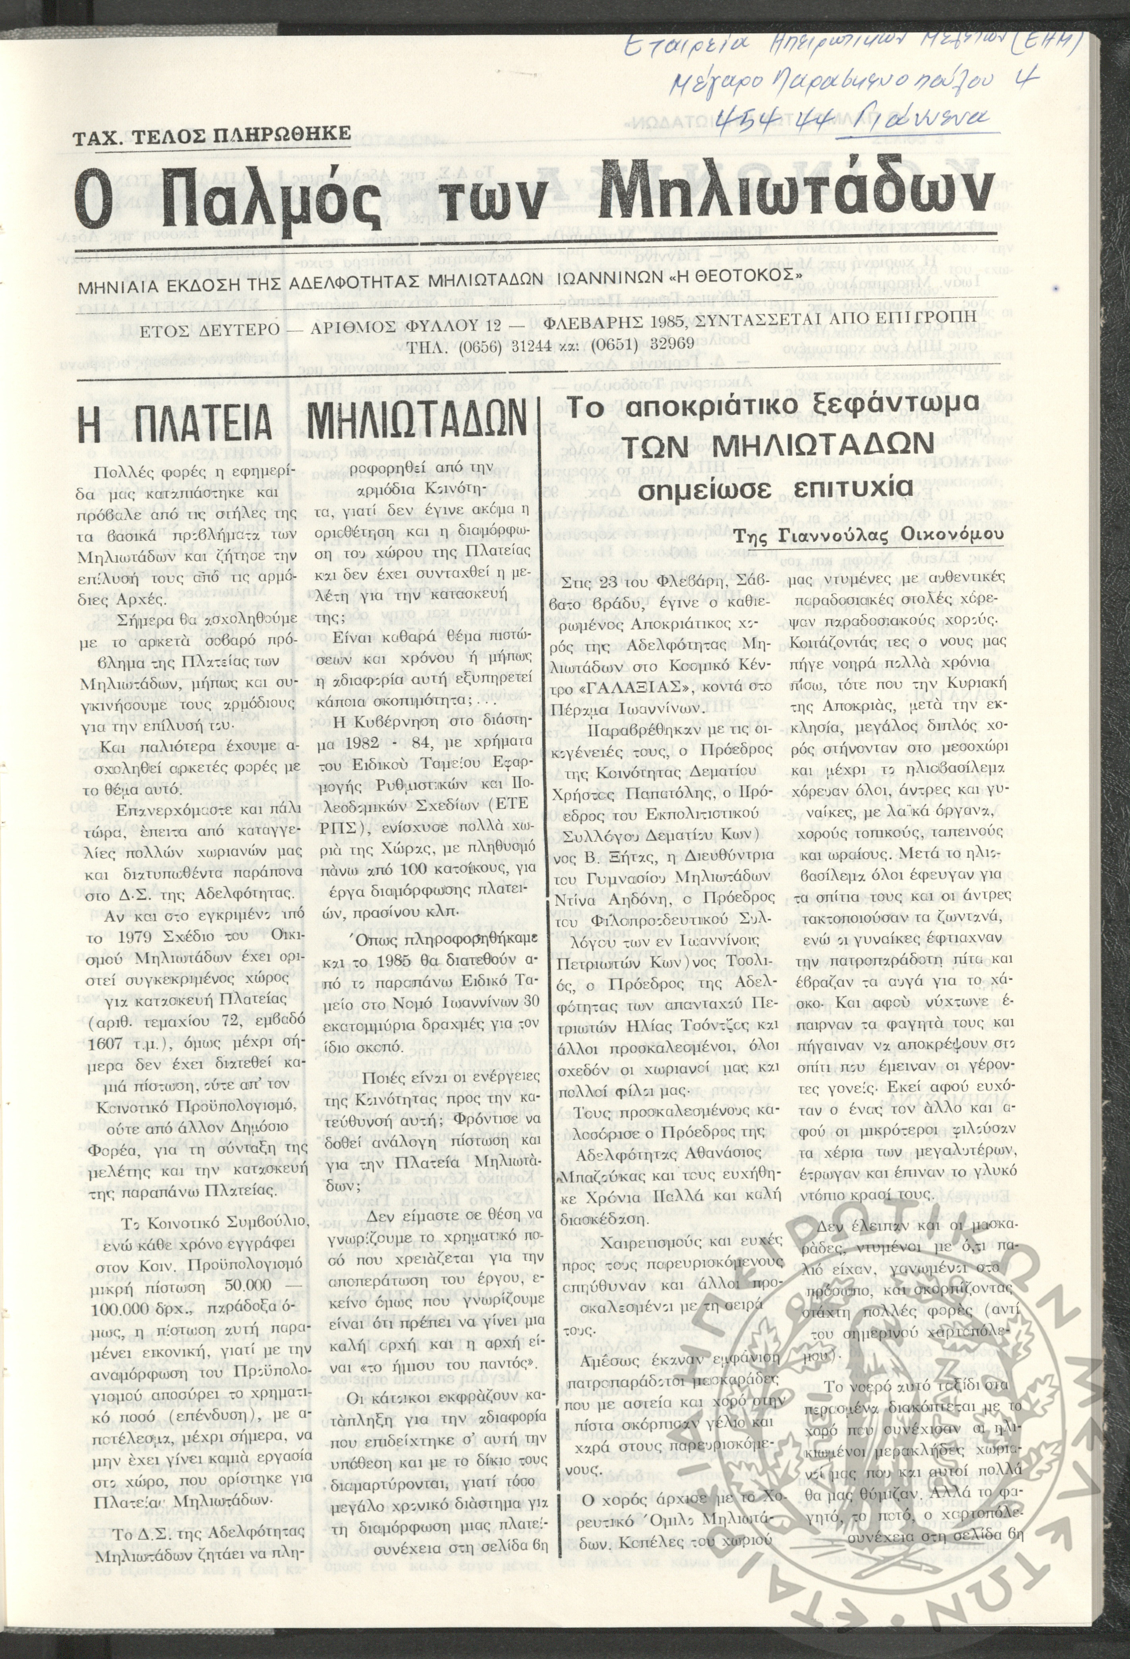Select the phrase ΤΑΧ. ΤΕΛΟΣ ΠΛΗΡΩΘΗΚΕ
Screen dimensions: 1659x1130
coord(212,133)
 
